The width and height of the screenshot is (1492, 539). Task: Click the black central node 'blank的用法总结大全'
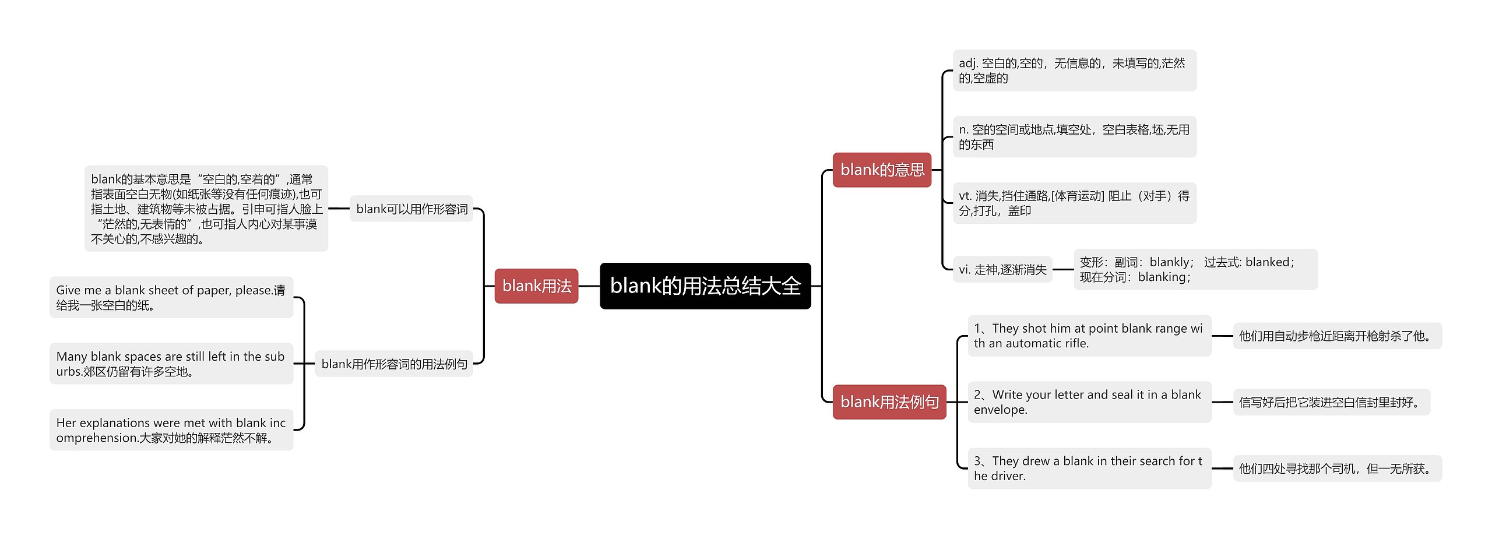click(705, 286)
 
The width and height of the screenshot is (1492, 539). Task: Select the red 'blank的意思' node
click(882, 170)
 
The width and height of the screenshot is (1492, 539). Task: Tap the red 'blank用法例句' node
click(889, 401)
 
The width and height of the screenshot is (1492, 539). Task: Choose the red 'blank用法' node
click(536, 286)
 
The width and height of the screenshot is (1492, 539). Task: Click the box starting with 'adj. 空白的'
click(1074, 71)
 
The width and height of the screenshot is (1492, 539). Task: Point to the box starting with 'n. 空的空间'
click(1074, 137)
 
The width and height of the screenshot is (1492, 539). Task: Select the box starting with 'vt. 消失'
click(1074, 203)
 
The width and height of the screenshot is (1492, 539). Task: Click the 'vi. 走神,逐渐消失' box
click(1002, 269)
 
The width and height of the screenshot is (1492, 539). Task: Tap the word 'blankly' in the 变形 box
click(1169, 262)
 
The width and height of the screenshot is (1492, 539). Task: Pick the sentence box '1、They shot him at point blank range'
click(1089, 336)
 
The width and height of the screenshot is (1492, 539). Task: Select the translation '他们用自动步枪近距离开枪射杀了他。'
click(1336, 336)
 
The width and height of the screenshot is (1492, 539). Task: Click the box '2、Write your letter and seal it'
click(1089, 402)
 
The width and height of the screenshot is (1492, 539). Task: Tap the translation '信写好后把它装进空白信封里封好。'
click(1331, 402)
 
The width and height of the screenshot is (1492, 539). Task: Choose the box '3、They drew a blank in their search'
click(1089, 468)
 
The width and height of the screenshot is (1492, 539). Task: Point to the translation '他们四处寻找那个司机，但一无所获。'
click(1336, 468)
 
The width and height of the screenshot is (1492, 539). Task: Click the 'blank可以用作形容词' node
click(411, 209)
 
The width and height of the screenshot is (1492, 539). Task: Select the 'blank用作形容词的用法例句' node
click(394, 364)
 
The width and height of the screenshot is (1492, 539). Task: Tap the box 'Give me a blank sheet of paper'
click(171, 297)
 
